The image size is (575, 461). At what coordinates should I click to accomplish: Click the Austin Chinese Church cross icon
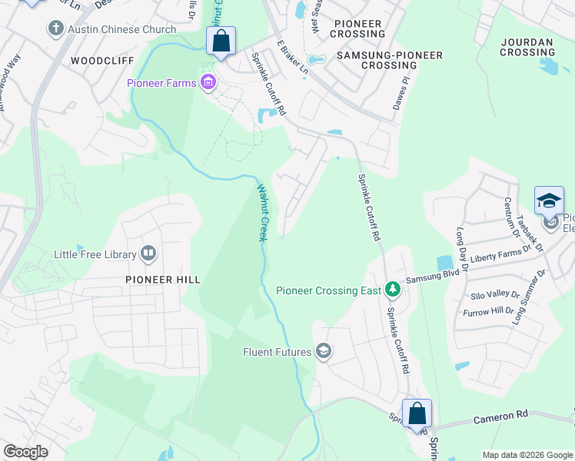pos(55,29)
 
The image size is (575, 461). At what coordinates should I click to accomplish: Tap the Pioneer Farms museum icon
pos(207,82)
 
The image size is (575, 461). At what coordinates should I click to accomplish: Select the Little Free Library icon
pos(148,254)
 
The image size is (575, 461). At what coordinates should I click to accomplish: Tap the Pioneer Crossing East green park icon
pos(393,290)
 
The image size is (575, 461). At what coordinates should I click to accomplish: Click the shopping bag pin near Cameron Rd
pos(417,414)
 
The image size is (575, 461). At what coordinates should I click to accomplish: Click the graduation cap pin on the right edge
pos(549,201)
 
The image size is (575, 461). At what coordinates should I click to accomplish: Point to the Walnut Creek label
pos(262,212)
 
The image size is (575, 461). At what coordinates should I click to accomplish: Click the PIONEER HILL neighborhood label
pos(162,280)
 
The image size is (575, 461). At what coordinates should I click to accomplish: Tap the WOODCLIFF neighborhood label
pos(101,60)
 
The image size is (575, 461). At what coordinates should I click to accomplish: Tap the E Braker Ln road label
pos(293,59)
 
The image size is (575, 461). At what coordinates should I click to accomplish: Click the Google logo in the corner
pos(25,452)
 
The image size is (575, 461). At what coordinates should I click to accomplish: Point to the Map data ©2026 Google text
pos(527,455)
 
